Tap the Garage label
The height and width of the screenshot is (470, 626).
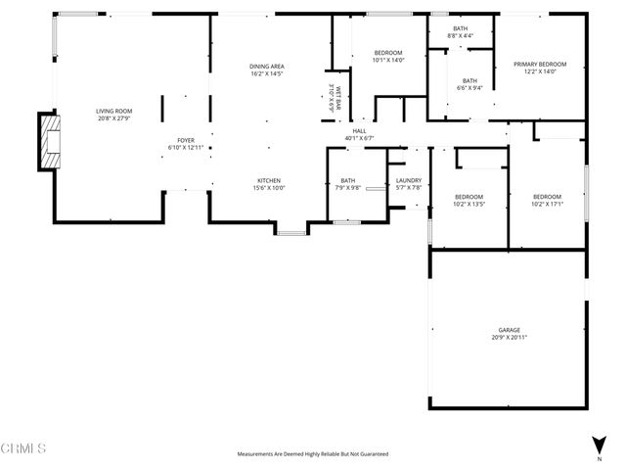pos(508,330)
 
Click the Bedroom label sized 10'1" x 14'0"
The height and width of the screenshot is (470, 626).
pos(388,55)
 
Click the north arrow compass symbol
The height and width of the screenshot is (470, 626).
pos(599,446)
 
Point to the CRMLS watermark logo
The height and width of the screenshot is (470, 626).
pos(23,449)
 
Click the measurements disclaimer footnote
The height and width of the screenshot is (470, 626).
pos(313,454)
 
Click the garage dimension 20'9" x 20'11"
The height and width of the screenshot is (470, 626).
pos(508,337)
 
